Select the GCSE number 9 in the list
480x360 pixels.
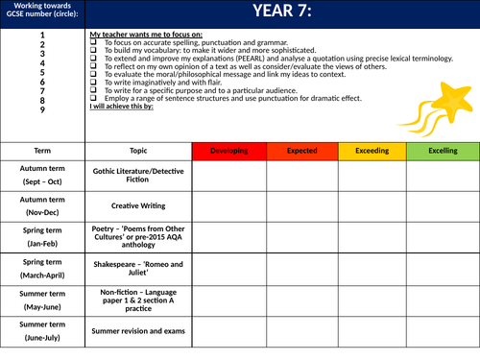pyautogui.click(x=43, y=109)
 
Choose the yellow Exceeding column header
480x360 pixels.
pyautogui.click(x=370, y=151)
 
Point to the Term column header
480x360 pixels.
pyautogui.click(x=43, y=151)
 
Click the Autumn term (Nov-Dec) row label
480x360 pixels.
pyautogui.click(x=43, y=204)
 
